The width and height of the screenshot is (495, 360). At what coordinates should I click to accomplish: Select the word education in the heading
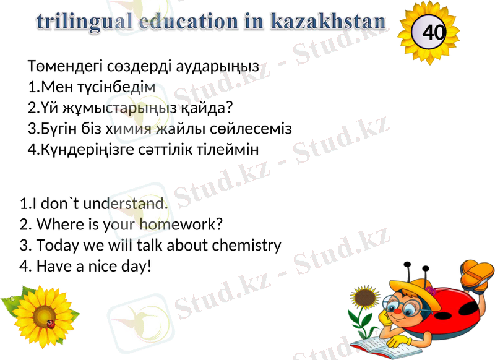(185, 21)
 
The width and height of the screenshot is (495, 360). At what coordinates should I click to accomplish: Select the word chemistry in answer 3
(246, 245)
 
